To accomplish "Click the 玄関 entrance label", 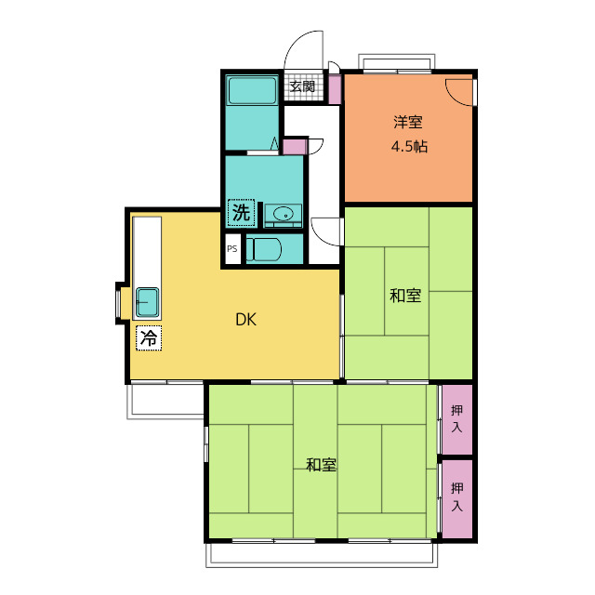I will [x=301, y=87].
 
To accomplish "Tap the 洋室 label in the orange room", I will [x=407, y=121].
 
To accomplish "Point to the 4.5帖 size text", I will [x=408, y=146].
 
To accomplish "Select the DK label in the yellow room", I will [x=245, y=321].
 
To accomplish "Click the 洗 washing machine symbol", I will [x=241, y=213].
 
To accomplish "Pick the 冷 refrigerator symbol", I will [x=148, y=338].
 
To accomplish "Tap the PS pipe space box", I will [x=232, y=249].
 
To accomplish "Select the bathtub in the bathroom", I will [x=252, y=91].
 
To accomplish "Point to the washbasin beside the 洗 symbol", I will [x=283, y=216].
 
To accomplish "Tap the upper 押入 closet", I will [x=456, y=418].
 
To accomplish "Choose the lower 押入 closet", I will [x=456, y=498].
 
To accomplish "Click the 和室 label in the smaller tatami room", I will [x=405, y=297].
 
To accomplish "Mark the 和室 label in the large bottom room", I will [x=322, y=464].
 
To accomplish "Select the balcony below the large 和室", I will [x=322, y=554].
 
